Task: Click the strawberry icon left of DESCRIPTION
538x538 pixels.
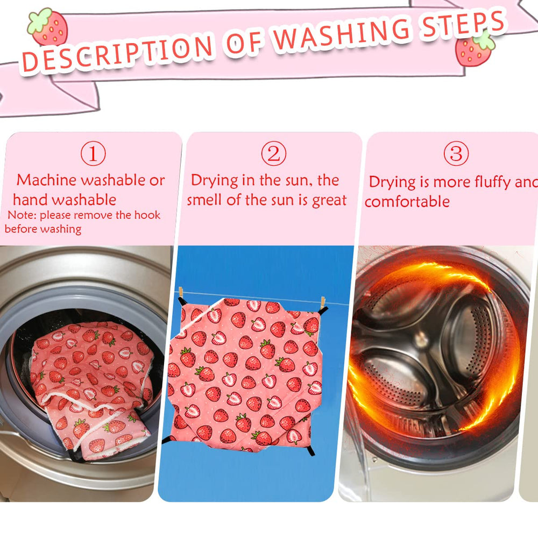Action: tap(48, 27)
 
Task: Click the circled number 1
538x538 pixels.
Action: tap(93, 153)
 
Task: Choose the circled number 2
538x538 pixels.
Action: tap(273, 153)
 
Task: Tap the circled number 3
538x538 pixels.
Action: tap(456, 153)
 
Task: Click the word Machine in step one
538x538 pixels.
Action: tap(46, 180)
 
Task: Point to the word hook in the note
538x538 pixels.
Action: tap(147, 215)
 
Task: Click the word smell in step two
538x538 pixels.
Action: tap(204, 200)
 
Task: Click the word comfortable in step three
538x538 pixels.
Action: tap(407, 201)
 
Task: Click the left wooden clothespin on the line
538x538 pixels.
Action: tap(181, 292)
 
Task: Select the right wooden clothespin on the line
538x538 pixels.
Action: tap(322, 302)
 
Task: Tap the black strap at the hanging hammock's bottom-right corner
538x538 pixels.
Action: tap(310, 449)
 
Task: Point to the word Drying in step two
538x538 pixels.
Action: tap(214, 181)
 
